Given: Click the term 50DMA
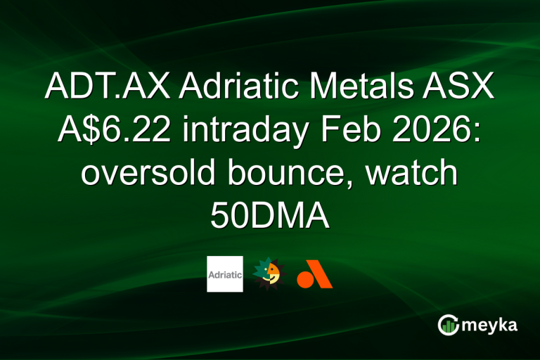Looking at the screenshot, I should (270, 215).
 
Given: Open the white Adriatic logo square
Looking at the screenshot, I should (225, 274).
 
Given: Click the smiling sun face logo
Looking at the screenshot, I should (270, 274).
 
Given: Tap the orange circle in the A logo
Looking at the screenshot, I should (304, 280).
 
